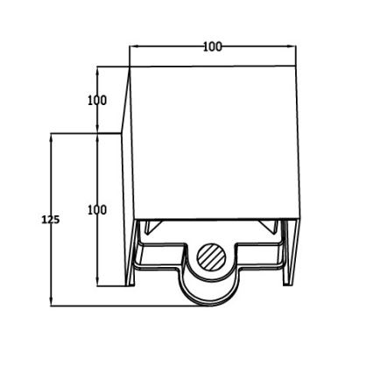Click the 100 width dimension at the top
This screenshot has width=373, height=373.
coord(213,46)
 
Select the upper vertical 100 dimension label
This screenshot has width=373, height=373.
coord(97,101)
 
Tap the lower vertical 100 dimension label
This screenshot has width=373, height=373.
coord(97,210)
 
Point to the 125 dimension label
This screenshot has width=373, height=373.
coord(51,220)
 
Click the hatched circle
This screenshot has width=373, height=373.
coord(212,257)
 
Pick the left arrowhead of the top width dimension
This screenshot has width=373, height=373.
coord(134,46)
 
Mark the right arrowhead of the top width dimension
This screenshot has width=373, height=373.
coord(292,46)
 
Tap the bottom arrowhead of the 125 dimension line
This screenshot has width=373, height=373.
coord(51,301)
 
